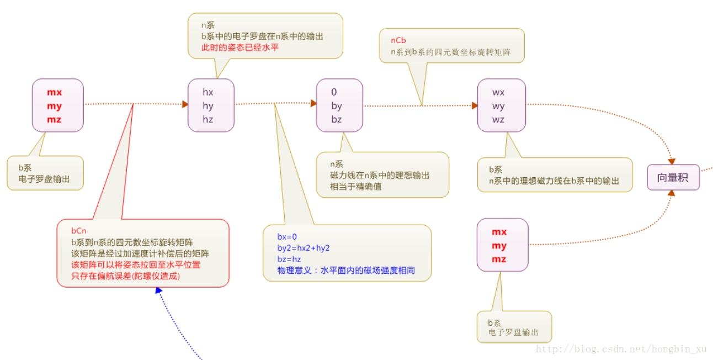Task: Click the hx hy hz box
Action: coord(211,105)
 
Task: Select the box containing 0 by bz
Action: coord(339,105)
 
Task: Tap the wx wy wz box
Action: coord(501,105)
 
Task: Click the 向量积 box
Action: coord(673,177)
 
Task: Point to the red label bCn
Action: coord(78,230)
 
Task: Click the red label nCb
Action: coord(398,40)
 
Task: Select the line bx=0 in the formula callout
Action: coord(287,236)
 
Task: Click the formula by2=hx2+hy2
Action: coord(304,248)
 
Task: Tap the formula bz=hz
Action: coord(289,259)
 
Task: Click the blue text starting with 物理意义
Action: coord(346,271)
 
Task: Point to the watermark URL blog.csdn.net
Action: coord(621,349)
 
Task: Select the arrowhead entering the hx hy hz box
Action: coord(185,104)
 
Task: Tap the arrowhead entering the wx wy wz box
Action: coord(475,105)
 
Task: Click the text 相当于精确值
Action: coord(356,186)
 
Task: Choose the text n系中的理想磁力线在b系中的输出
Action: coord(554,181)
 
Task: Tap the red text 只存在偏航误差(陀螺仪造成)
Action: coord(126,276)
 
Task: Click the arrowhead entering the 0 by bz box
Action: coord(313,103)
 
